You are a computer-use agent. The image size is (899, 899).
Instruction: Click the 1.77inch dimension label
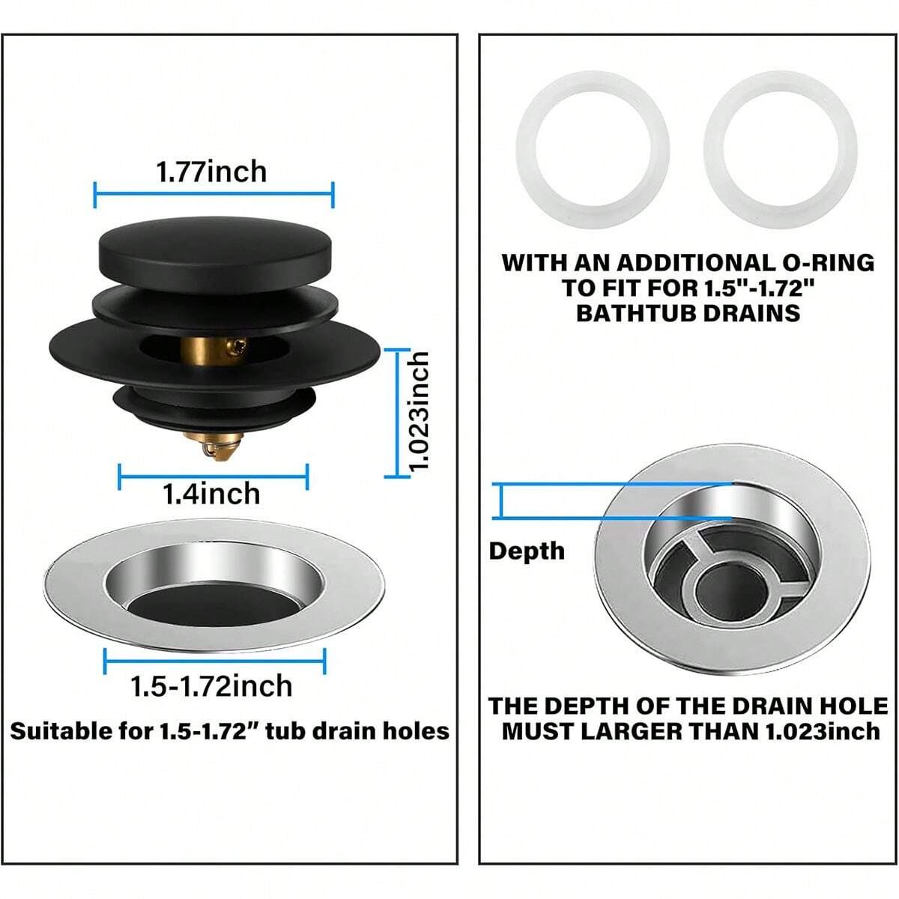[x=211, y=172]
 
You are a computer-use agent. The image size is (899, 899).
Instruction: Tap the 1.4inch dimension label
[x=212, y=494]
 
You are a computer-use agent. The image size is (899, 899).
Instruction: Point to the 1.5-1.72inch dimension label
[x=211, y=685]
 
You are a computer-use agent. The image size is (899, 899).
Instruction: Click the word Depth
[x=527, y=551]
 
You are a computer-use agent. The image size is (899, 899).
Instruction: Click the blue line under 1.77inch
[x=214, y=196]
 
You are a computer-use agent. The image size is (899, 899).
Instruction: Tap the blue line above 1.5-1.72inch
[x=214, y=661]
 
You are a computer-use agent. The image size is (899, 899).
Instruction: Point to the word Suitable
[x=60, y=730]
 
